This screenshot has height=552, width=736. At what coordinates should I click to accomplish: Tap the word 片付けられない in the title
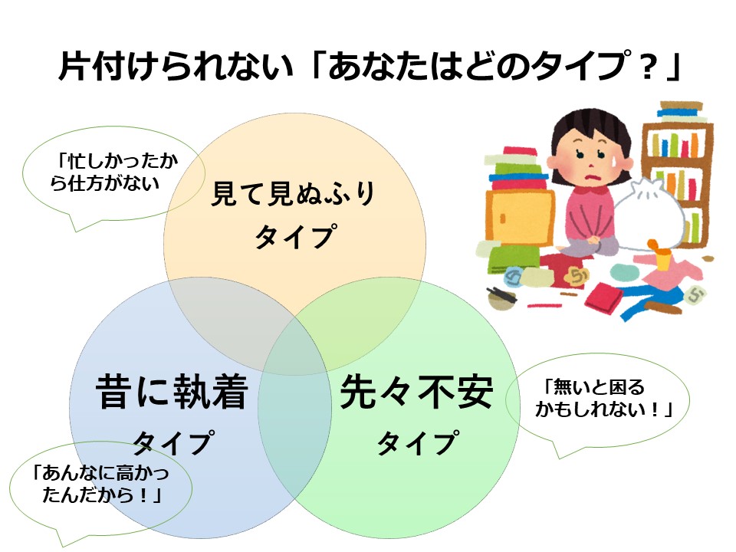[176, 66]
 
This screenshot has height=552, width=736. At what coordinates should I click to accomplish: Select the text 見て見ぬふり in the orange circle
[293, 193]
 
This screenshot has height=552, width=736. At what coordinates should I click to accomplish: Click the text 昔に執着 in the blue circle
[172, 392]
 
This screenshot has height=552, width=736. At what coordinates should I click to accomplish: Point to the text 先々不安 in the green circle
[417, 392]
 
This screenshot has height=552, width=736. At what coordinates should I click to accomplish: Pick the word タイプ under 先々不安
[417, 442]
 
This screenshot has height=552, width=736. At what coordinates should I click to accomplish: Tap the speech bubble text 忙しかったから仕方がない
[114, 172]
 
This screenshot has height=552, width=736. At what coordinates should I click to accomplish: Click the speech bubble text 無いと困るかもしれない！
[604, 399]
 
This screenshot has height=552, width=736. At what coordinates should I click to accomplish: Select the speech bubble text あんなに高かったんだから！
[100, 484]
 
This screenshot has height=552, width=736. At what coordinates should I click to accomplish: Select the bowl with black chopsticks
[501, 297]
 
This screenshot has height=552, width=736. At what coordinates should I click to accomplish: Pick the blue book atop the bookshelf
[682, 112]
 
